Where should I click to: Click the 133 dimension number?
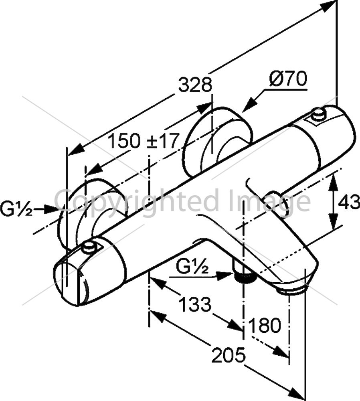[x=195, y=304]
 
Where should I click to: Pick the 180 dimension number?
[x=265, y=325]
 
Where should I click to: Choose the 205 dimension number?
[x=229, y=355]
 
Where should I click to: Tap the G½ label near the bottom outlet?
[x=192, y=267]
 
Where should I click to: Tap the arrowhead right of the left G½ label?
[x=51, y=209]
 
